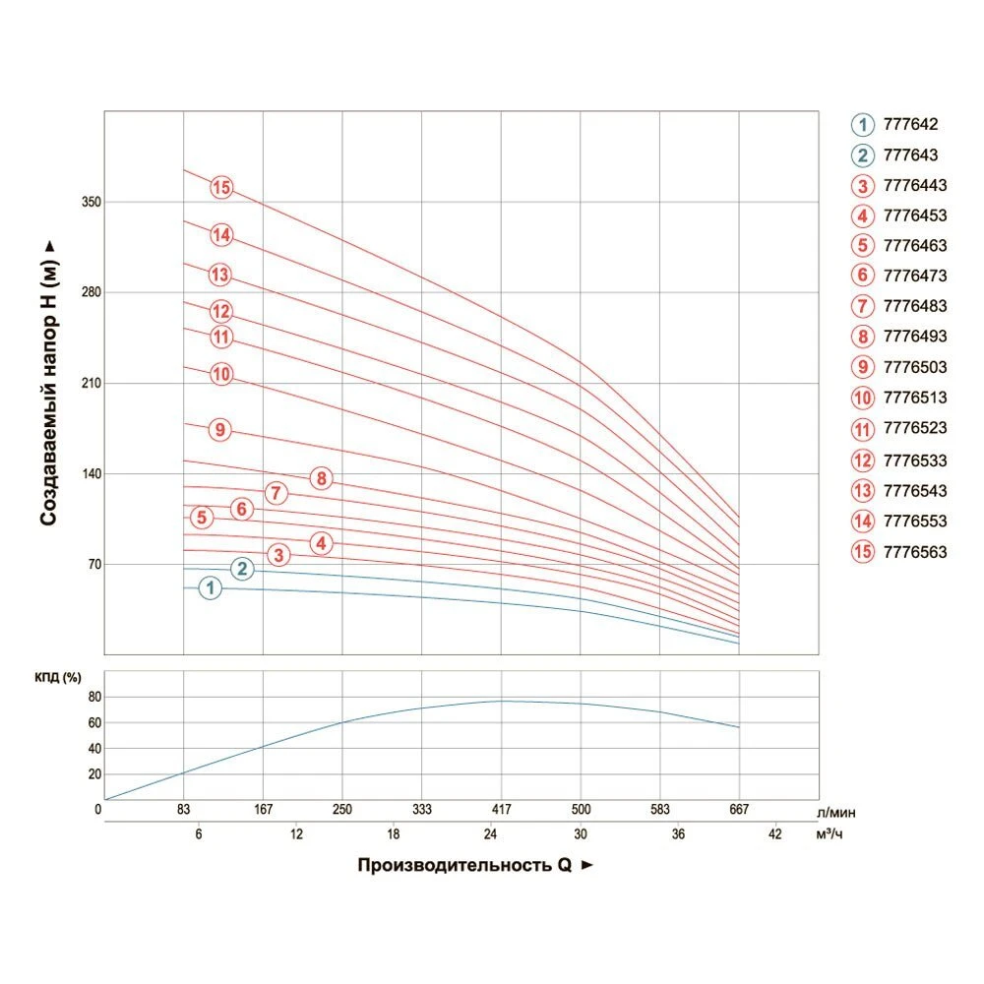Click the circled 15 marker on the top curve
tap(221, 187)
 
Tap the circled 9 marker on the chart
tap(220, 430)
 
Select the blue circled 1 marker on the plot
tap(210, 588)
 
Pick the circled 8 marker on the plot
tap(321, 479)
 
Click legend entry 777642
tap(911, 125)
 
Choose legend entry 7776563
tap(915, 552)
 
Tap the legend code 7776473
tap(915, 276)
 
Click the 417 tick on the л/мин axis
tap(501, 810)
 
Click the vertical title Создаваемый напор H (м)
tap(49, 384)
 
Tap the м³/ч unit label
tap(830, 834)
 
